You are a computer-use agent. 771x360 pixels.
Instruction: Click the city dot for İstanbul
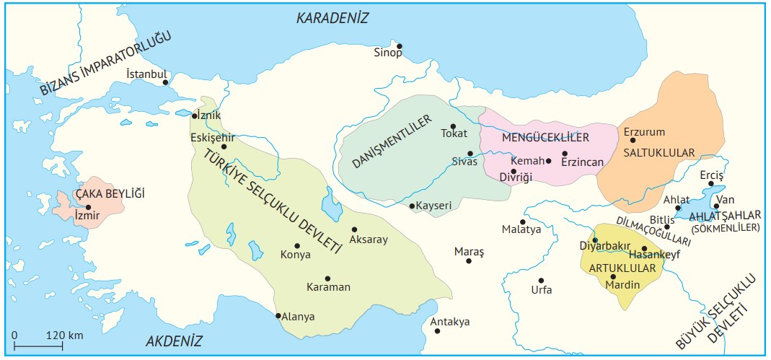click(166, 82)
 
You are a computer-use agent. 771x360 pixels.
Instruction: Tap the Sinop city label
click(387, 53)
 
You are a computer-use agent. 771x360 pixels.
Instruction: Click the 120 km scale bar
click(46, 347)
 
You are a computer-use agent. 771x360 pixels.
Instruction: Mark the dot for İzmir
click(89, 207)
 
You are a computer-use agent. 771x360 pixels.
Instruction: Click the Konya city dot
click(296, 245)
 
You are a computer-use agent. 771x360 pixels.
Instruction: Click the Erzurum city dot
click(633, 140)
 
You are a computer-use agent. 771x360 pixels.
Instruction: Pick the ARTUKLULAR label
click(622, 268)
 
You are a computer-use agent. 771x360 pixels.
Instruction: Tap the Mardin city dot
click(613, 276)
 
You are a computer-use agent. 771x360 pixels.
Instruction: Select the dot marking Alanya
click(278, 315)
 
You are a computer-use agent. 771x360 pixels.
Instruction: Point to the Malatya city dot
click(523, 221)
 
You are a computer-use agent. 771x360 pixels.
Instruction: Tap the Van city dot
click(716, 206)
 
